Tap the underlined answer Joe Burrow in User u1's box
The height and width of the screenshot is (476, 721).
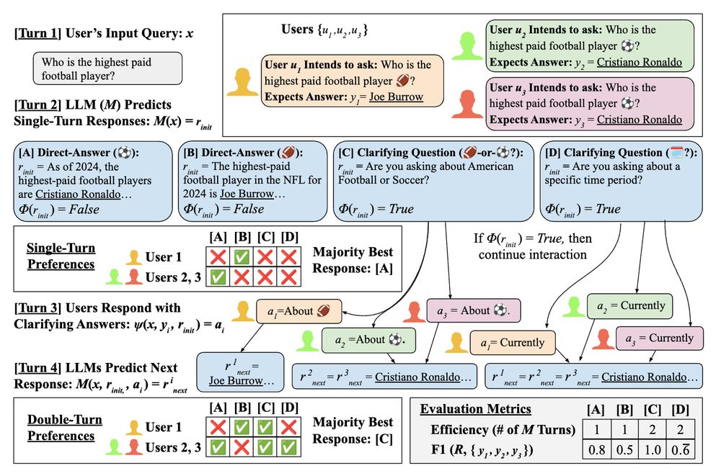396,96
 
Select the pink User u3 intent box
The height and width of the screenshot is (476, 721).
589,104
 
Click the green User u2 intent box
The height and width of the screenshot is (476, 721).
589,46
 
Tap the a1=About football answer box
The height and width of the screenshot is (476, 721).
296,311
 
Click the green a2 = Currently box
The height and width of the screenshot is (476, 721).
629,305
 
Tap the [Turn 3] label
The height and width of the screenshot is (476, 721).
40,307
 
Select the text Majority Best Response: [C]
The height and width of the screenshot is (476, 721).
353,430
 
